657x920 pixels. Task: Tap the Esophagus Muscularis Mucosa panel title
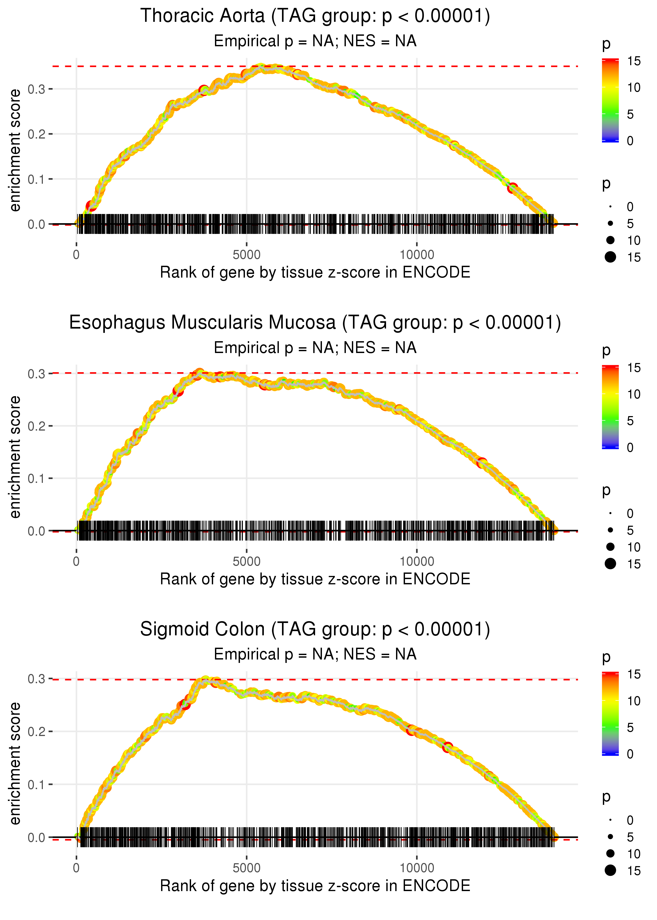tap(315, 323)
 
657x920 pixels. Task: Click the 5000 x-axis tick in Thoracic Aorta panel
tap(247, 255)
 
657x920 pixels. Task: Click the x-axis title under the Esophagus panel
tap(315, 579)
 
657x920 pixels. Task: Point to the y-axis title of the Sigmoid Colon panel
tap(15, 763)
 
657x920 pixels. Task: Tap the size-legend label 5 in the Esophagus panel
tap(630, 530)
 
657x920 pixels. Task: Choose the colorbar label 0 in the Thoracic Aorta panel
tap(630, 141)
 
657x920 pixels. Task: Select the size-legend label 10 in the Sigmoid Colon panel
tap(634, 854)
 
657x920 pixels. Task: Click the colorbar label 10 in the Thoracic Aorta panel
tap(634, 87)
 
